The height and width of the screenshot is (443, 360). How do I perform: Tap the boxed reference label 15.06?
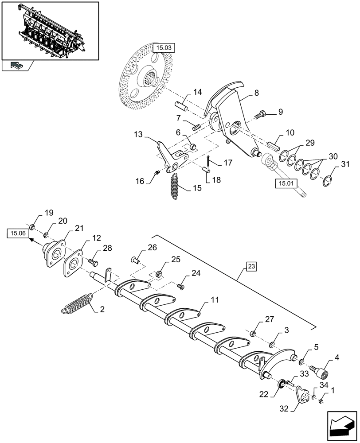point(16,233)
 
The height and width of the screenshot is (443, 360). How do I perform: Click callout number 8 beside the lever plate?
point(256,93)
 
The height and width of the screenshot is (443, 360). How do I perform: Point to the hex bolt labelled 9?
point(261,115)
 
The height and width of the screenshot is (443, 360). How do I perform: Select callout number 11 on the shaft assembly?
point(215,300)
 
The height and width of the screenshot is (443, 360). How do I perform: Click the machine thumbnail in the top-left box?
point(50,31)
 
